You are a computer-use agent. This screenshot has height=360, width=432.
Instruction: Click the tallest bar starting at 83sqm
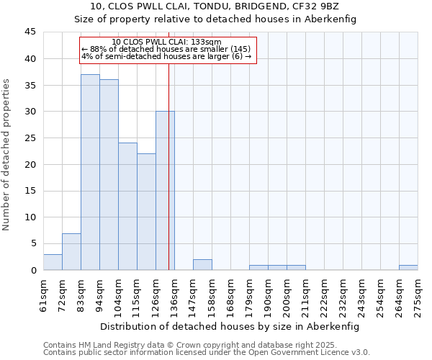pos(90,172)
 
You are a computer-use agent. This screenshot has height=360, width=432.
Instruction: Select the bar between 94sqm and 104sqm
pos(109,175)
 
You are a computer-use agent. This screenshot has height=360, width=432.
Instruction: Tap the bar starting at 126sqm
pos(165,191)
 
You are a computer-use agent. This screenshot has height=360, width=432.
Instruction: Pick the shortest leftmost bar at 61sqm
pos(53,262)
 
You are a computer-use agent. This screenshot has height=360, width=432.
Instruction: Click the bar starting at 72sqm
pos(71,252)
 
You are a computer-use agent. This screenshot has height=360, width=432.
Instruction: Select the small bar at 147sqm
pos(202,264)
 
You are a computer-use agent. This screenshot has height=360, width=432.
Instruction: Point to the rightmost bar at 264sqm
pos(408,267)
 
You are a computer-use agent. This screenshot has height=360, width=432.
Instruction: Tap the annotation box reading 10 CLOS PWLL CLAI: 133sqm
pos(167,50)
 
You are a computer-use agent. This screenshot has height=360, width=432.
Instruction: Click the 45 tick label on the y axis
pos(30,32)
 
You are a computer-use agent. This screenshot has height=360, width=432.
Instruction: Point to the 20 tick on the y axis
pos(30,164)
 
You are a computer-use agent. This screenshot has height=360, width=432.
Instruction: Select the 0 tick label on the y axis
pos(33,270)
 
